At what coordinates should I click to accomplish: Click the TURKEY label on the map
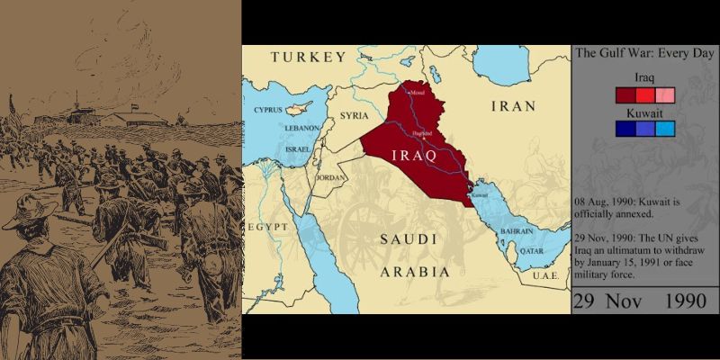click(x=309, y=57)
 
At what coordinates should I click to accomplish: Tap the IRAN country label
click(x=512, y=106)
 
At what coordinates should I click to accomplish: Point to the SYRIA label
click(x=355, y=116)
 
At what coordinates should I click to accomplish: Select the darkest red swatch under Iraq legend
click(x=625, y=95)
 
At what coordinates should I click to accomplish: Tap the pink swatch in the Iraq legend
click(x=665, y=95)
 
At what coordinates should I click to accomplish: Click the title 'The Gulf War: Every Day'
click(x=644, y=54)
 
